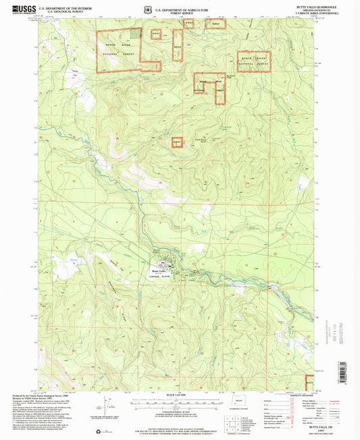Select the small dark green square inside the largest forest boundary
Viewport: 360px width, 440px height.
(136, 32)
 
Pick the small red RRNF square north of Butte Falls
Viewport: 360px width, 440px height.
(177, 143)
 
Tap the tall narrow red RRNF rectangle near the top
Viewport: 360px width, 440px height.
(178, 45)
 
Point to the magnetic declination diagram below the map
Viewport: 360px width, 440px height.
(106, 409)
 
